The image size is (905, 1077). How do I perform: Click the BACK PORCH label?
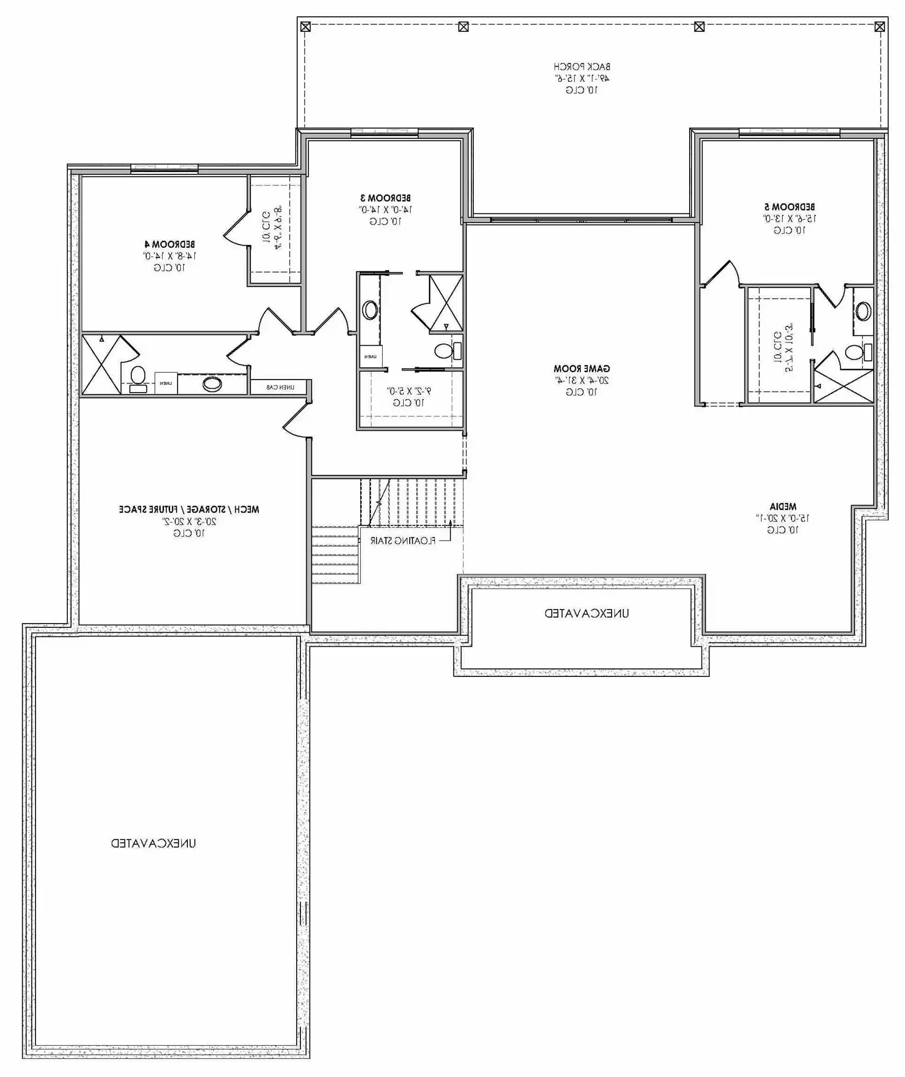[581, 67]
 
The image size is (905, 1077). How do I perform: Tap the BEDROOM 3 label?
[385, 198]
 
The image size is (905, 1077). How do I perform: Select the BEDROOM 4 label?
[169, 244]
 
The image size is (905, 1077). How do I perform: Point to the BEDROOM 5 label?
[789, 207]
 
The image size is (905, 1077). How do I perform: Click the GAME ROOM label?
[581, 369]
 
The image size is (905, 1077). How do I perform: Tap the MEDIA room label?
[782, 507]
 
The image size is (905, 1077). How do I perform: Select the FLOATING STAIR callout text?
[403, 541]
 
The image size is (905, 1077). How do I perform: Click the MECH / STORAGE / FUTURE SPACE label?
[189, 509]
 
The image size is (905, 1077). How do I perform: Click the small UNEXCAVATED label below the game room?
[586, 613]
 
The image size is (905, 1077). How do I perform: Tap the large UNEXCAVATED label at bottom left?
[153, 843]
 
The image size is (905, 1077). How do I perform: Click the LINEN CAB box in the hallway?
[280, 387]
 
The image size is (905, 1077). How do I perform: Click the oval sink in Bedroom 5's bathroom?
[863, 311]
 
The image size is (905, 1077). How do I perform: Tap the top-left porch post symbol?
[305, 26]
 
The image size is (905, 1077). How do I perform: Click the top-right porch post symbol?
[879, 26]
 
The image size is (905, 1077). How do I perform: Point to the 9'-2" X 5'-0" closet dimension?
[409, 391]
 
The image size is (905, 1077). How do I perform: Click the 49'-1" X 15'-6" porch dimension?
[581, 78]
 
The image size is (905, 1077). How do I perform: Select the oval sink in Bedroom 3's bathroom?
[370, 310]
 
